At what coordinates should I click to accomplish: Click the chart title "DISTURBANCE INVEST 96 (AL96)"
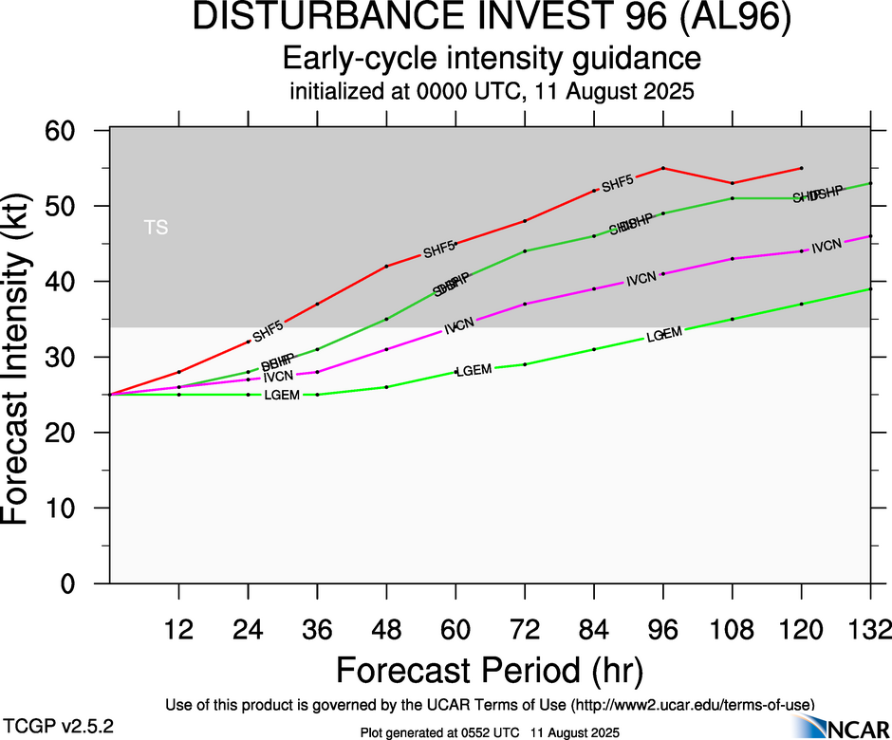[x=492, y=19]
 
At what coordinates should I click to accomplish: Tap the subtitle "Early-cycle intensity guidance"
[x=492, y=60]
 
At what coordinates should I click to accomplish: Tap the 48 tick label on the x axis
[x=386, y=630]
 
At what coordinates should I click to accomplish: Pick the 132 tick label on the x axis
[x=869, y=630]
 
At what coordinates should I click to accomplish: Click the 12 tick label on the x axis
[x=178, y=630]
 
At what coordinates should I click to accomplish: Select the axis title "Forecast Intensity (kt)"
[x=23, y=356]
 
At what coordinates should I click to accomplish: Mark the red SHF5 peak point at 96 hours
[x=663, y=168]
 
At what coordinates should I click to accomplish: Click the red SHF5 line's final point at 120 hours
[x=802, y=168]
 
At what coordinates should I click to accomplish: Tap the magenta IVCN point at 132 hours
[x=870, y=236]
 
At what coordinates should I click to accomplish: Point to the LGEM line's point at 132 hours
[x=870, y=288]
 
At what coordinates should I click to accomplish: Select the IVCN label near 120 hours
[x=827, y=247]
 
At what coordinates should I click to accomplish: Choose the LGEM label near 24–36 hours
[x=283, y=395]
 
